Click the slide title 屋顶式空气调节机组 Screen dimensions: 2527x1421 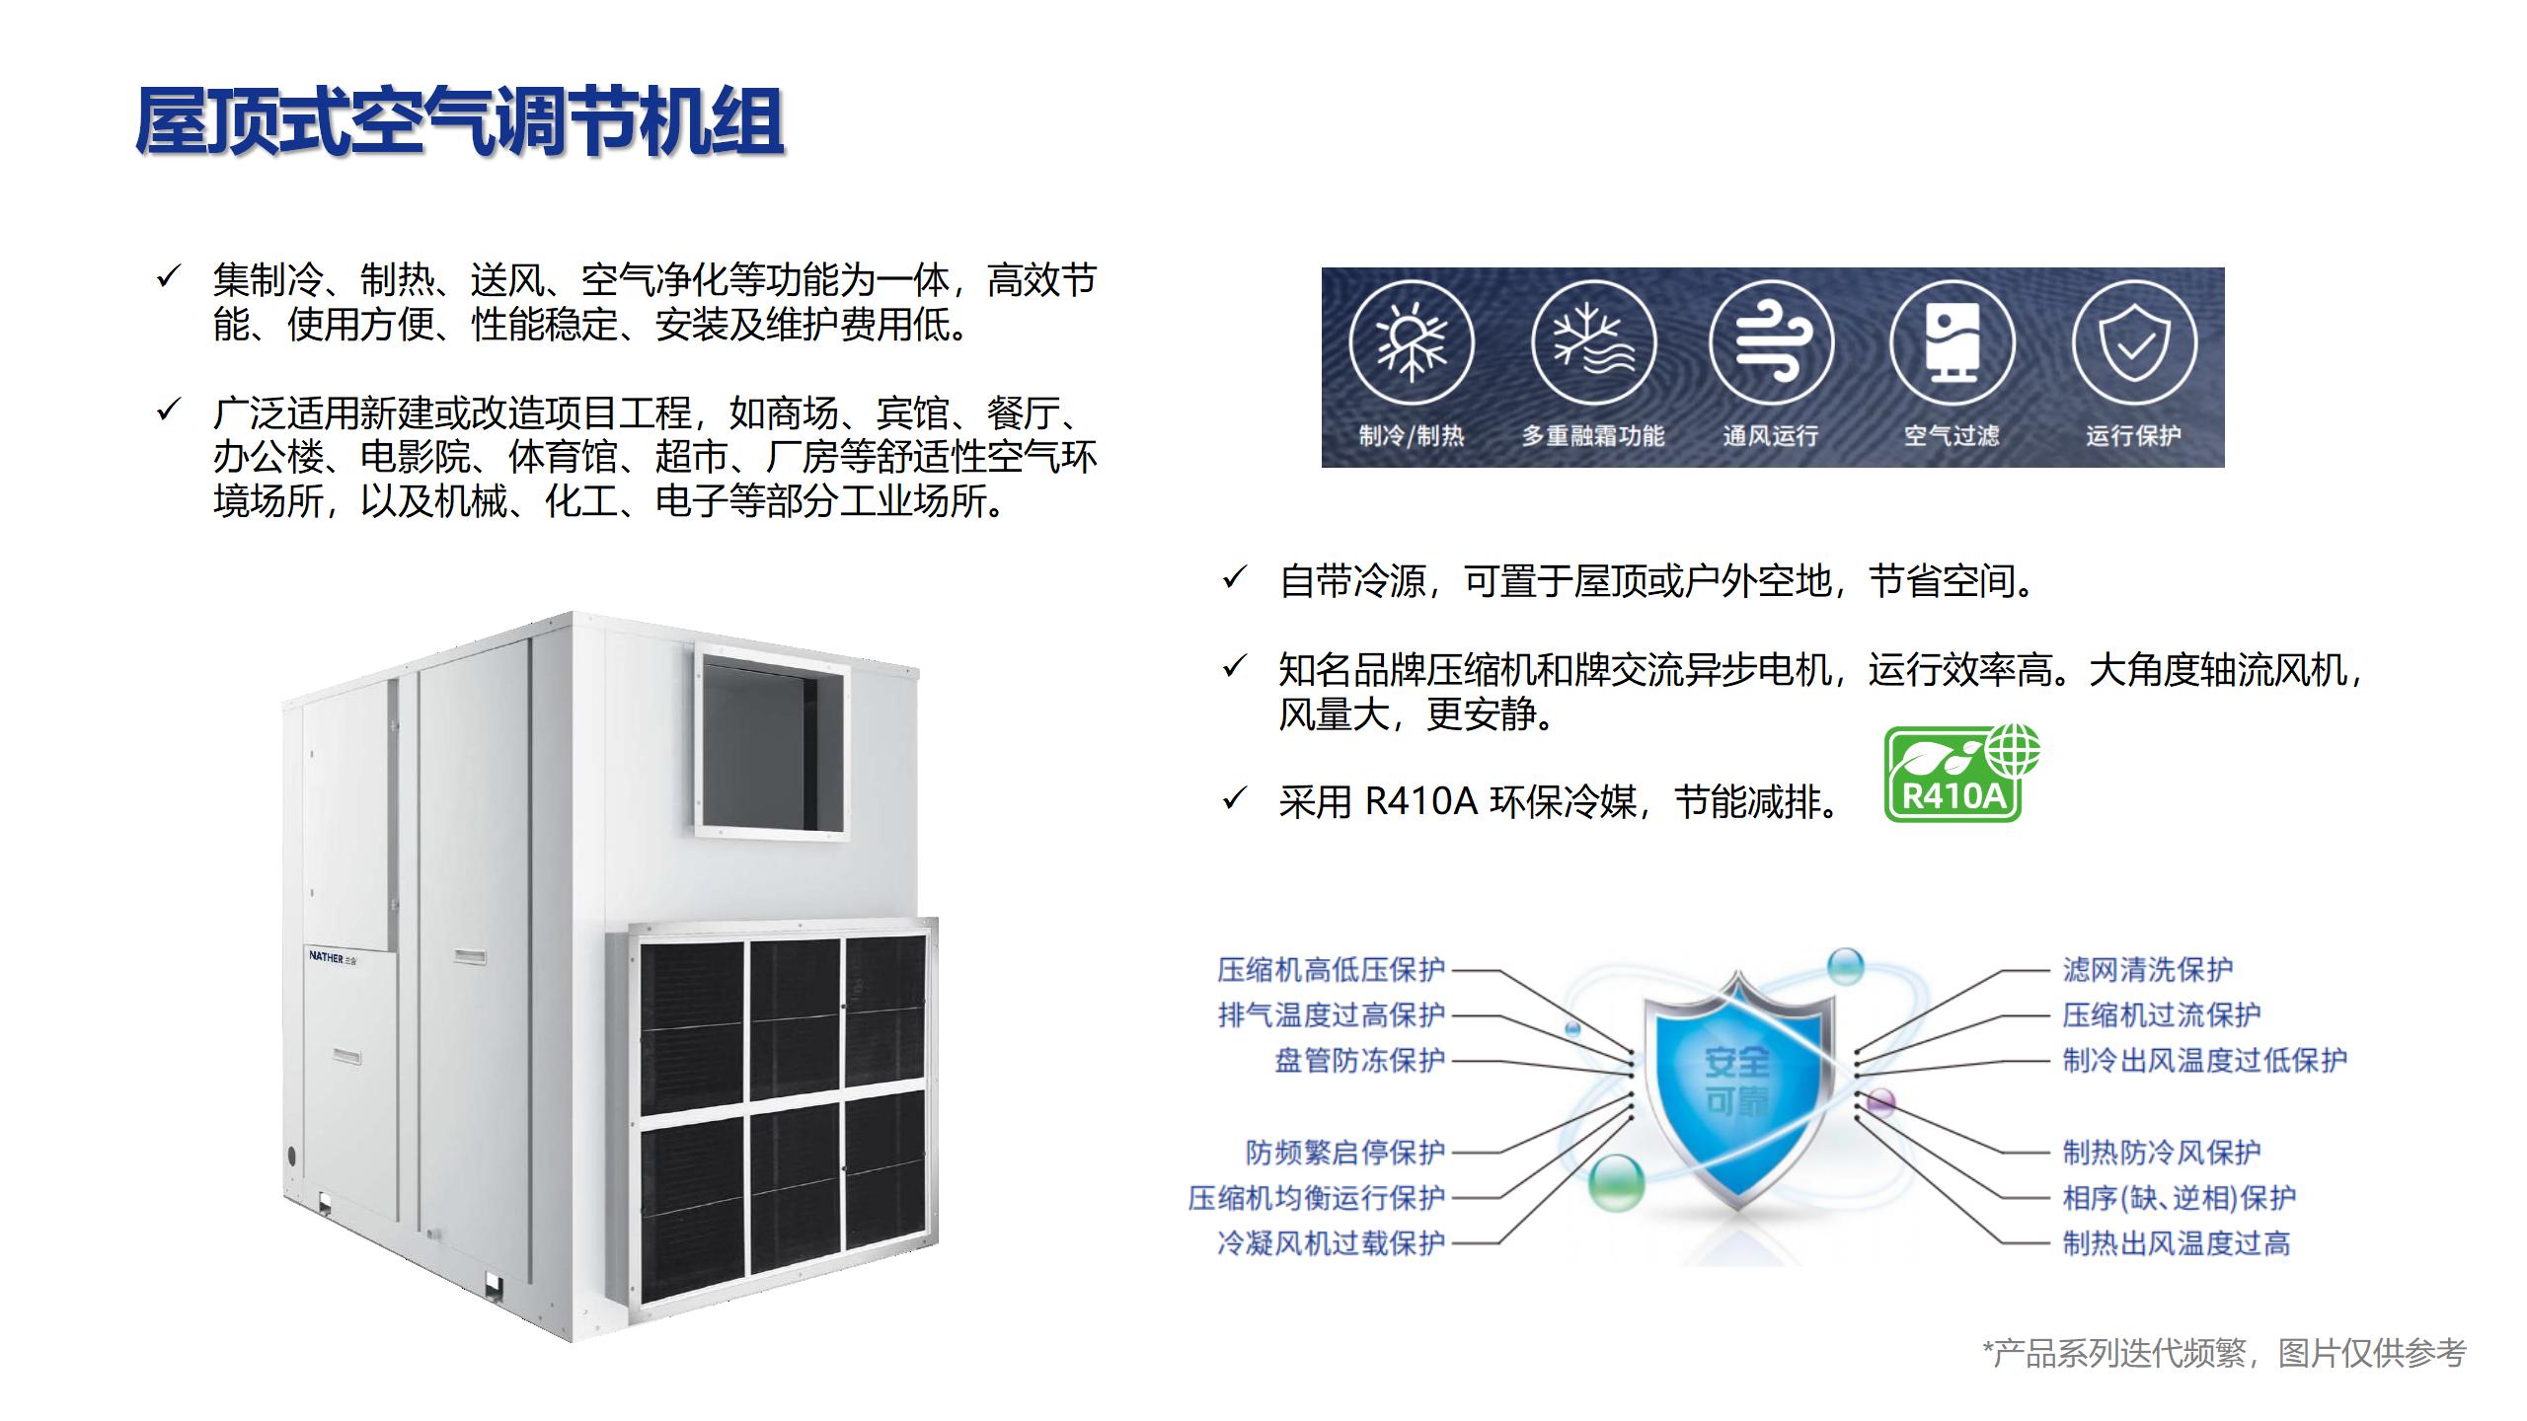pos(459,121)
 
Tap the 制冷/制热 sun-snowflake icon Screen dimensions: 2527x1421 pos(1411,341)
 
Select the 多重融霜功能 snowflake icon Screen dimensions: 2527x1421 pos(1592,341)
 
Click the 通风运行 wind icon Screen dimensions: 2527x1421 pos(1771,341)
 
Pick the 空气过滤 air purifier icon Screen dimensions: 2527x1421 pos(1952,341)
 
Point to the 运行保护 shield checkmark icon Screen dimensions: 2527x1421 pos(2133,341)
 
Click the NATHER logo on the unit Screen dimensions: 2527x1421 pos(333,956)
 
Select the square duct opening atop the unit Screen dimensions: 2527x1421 pos(772,742)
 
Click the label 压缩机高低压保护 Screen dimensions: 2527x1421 pos(1331,970)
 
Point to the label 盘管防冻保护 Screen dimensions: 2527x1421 pos(1359,1061)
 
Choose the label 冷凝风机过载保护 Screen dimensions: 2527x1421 pos(1331,1242)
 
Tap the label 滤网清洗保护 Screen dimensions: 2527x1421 pos(2148,970)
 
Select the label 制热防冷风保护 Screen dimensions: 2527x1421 pos(2162,1152)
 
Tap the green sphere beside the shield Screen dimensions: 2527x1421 pos(1617,1183)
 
